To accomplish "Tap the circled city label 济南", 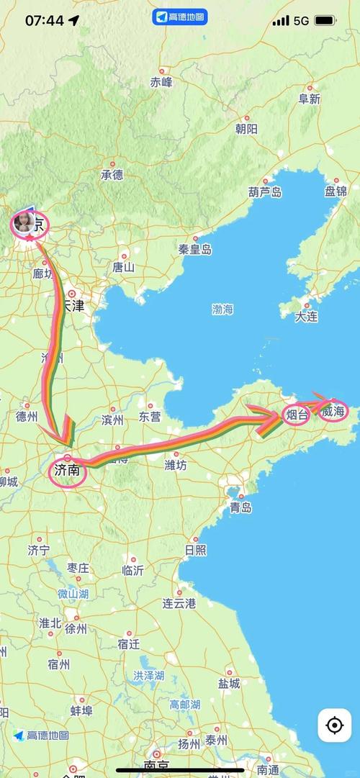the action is [68, 473].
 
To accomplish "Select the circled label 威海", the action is [334, 411].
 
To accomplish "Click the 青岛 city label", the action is [240, 507].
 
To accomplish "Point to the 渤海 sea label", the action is [222, 309].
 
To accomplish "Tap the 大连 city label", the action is [306, 316].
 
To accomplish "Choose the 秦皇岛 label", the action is [195, 249].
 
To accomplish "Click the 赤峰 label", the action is [161, 82].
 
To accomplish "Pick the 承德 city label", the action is [112, 174].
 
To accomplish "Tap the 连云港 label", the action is [179, 603].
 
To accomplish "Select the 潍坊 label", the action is [176, 465].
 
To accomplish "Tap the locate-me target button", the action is [334, 725].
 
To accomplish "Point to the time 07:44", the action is [45, 20].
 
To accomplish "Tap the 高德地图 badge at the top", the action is [179, 17].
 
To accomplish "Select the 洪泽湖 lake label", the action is [148, 676].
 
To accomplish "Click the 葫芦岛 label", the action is [265, 191].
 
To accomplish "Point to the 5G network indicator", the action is [301, 21].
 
